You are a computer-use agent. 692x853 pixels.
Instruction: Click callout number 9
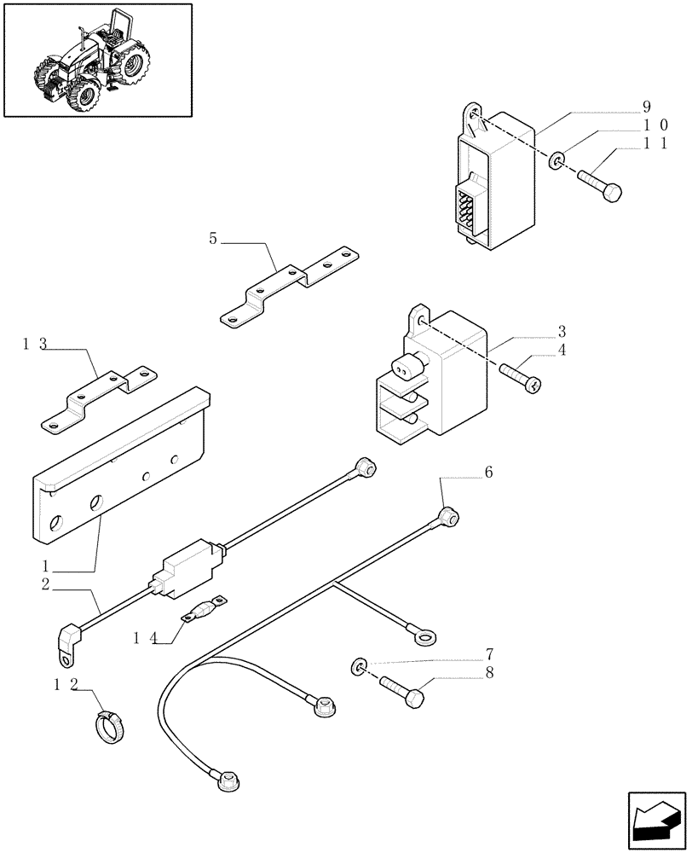pos(647,107)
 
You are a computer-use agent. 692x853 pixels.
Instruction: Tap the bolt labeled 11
pos(600,184)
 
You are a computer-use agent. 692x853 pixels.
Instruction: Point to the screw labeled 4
pos(522,376)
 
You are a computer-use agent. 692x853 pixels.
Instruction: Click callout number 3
pos(562,331)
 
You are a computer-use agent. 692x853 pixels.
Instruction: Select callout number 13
pos(35,344)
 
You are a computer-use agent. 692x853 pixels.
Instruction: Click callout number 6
pos(488,472)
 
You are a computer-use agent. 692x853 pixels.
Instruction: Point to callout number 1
pos(44,566)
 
